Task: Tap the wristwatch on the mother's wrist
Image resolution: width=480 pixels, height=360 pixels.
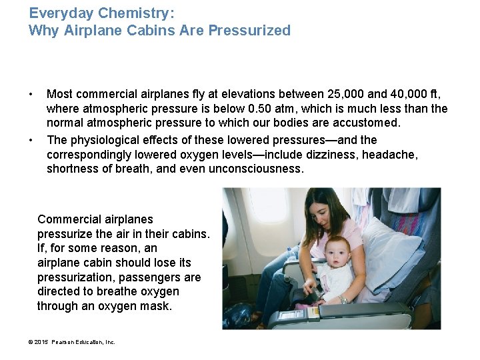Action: pyautogui.click(x=344, y=299)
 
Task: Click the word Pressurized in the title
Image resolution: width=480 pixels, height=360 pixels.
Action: pyautogui.click(x=249, y=30)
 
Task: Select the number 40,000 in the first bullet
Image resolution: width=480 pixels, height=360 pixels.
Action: pyautogui.click(x=415, y=95)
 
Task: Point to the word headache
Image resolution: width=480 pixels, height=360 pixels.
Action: pyautogui.click(x=395, y=155)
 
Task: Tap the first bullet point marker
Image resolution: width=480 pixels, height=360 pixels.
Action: pyautogui.click(x=31, y=95)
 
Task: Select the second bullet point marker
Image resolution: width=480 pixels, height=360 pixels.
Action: pyautogui.click(x=31, y=140)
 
